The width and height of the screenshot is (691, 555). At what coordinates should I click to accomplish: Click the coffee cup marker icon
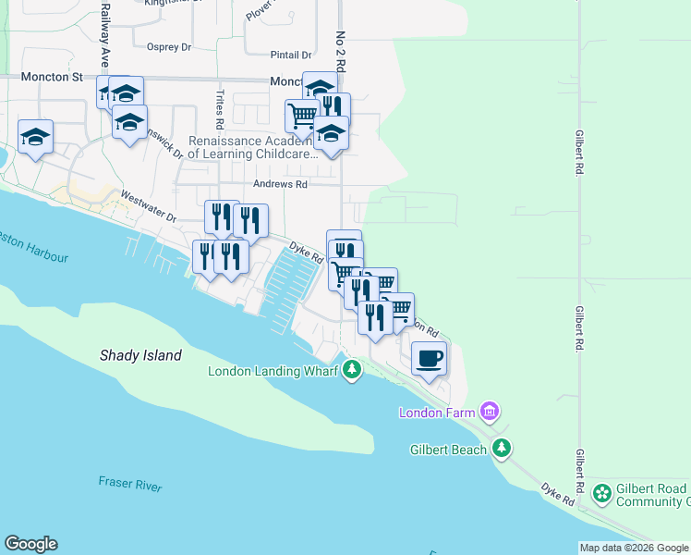428,357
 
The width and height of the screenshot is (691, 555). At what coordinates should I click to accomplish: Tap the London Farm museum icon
490,411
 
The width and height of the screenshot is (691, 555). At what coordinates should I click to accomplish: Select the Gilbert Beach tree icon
502,449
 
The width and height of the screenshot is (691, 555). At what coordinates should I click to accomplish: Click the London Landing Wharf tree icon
351,371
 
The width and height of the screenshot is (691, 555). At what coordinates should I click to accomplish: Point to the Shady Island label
140,355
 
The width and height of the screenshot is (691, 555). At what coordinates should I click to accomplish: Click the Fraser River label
130,485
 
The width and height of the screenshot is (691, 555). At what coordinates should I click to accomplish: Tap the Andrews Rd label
282,184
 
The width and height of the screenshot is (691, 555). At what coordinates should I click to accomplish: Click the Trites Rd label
220,109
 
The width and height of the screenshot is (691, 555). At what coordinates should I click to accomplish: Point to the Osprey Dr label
168,45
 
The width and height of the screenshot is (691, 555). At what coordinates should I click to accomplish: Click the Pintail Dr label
291,55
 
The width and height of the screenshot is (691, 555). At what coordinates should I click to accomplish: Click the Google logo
30,544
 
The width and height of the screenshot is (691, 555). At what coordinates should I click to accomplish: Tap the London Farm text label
438,412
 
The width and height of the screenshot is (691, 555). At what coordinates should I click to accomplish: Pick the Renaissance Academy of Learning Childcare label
252,148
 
